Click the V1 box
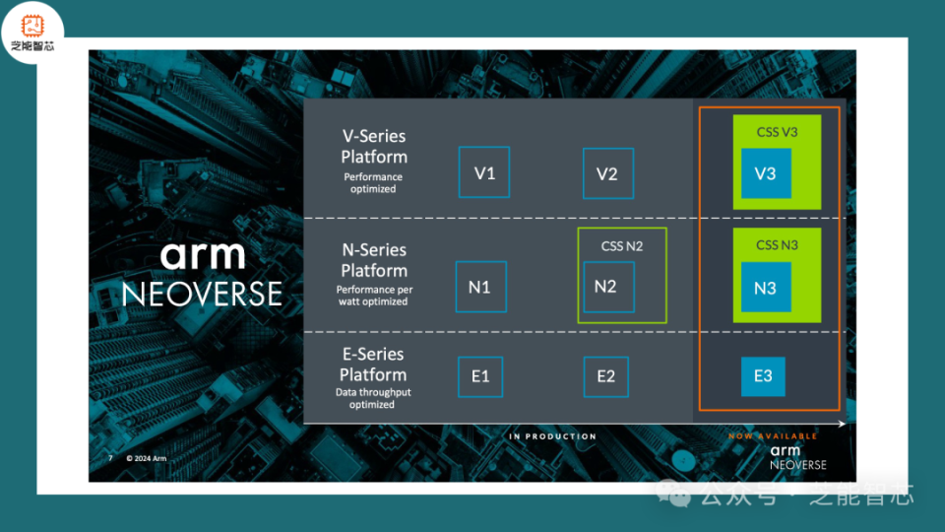[x=484, y=173]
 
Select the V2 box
[x=607, y=174]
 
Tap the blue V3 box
[x=766, y=173]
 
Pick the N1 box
[x=480, y=288]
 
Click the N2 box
[x=607, y=287]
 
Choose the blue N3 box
[x=766, y=288]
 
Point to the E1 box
[x=480, y=376]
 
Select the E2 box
[x=606, y=376]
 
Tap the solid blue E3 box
[x=763, y=376]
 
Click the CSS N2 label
[x=622, y=245]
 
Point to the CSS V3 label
[x=777, y=132]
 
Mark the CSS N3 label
[x=777, y=244]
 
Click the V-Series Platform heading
[x=373, y=147]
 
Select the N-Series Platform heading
[x=373, y=260]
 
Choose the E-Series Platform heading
[x=373, y=365]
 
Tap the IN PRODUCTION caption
[x=552, y=436]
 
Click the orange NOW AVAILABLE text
[x=773, y=435]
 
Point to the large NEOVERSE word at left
[x=202, y=294]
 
